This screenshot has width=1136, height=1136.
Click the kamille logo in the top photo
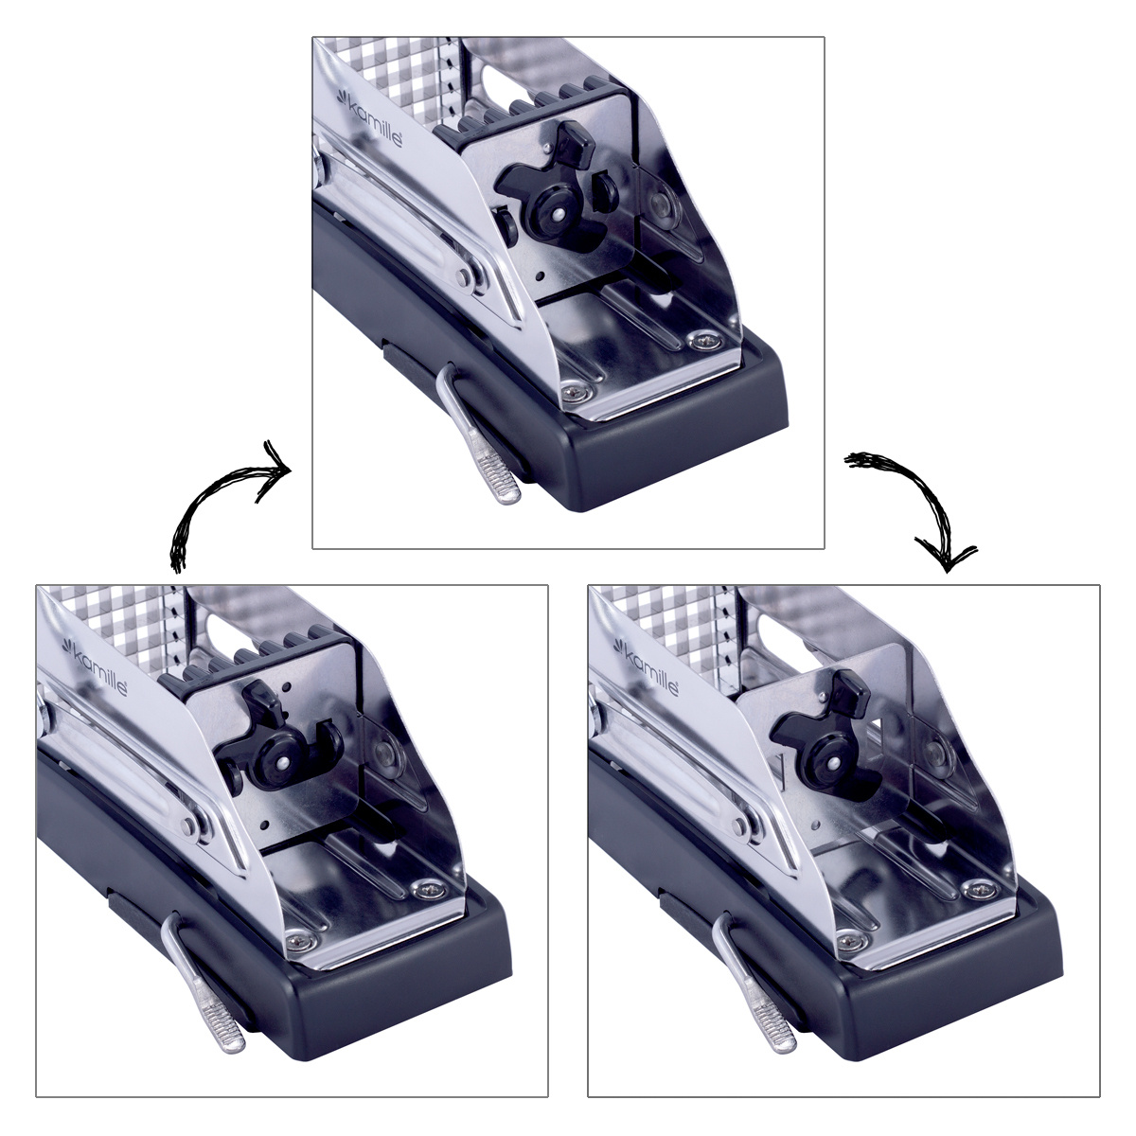tap(369, 117)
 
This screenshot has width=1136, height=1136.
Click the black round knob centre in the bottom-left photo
tap(282, 762)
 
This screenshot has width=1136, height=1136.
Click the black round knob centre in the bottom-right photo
tap(834, 762)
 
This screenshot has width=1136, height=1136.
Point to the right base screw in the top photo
tap(704, 341)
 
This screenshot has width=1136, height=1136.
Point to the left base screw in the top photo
tap(571, 391)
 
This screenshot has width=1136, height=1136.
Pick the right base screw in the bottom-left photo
tap(429, 890)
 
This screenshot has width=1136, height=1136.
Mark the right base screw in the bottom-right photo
tap(981, 890)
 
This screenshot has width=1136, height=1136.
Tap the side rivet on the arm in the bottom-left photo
tap(188, 825)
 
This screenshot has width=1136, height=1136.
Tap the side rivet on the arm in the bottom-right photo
tap(740, 825)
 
